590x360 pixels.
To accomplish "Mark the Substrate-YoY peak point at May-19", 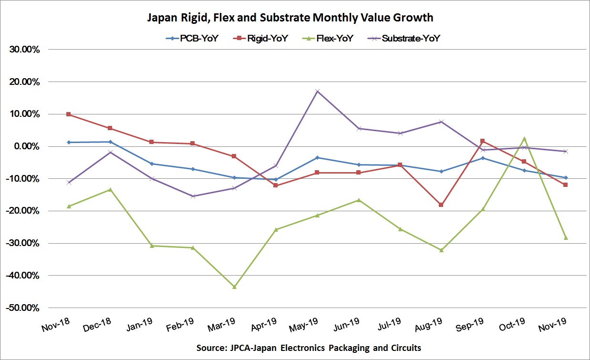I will (317, 91).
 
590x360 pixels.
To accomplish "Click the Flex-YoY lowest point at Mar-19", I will (234, 287).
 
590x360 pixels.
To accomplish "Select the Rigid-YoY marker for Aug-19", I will (441, 205).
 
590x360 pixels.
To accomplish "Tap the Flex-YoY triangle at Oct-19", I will (524, 139).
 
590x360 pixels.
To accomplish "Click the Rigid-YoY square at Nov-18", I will (69, 114).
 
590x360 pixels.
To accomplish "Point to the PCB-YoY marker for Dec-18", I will (110, 142).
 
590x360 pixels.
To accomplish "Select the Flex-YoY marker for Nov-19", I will (566, 237).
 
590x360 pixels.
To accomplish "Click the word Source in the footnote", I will (211, 348).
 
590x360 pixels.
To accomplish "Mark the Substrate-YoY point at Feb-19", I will (193, 196).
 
